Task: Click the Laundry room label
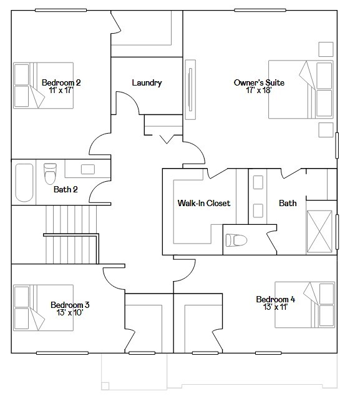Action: (147, 82)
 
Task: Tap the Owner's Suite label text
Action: (253, 82)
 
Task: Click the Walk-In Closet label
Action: (204, 203)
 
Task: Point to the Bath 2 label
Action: (65, 189)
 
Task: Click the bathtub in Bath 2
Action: (24, 182)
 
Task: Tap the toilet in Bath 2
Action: (50, 174)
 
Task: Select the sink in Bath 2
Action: (88, 169)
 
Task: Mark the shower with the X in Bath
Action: (321, 231)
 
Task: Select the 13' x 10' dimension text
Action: (70, 312)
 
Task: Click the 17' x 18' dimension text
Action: (253, 90)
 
